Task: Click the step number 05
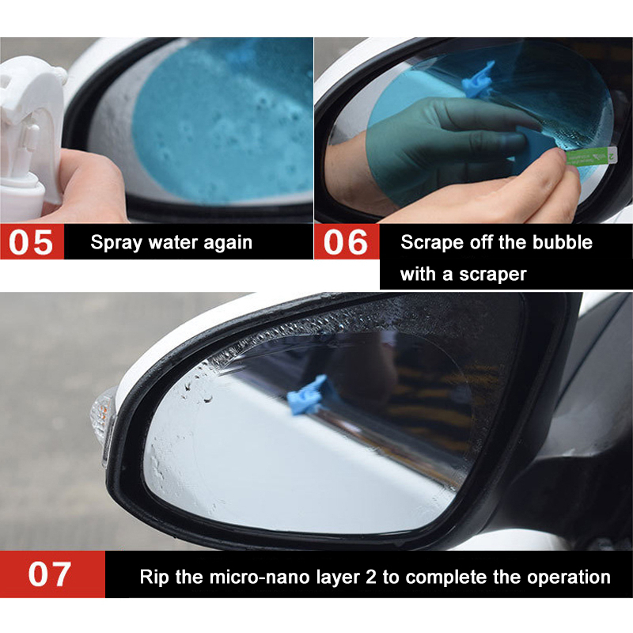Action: [31, 242]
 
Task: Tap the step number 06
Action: [346, 242]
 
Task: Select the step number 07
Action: [50, 574]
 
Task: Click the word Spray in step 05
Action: [116, 243]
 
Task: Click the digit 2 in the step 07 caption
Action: [370, 577]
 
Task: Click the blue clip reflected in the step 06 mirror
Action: [479, 81]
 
